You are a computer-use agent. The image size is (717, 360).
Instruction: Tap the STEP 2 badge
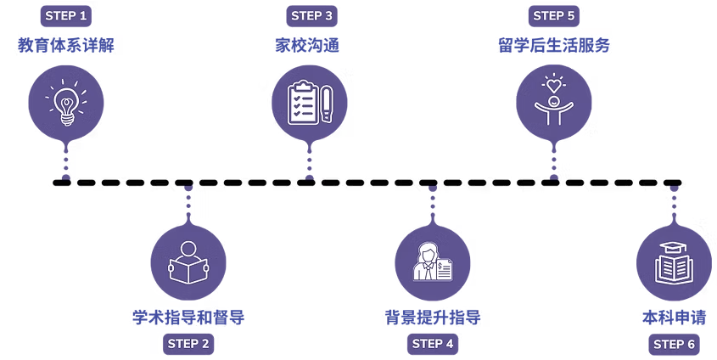click(x=188, y=344)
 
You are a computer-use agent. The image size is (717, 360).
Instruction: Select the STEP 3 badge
click(x=312, y=15)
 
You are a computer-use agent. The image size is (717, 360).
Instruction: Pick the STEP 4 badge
click(x=433, y=344)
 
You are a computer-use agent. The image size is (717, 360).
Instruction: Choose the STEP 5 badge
click(x=555, y=15)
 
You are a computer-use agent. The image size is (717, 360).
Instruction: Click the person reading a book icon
click(x=188, y=262)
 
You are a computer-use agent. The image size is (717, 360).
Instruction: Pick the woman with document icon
click(x=433, y=262)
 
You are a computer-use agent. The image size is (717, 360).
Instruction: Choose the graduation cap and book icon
click(x=675, y=262)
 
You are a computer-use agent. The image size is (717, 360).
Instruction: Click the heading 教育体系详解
click(x=65, y=46)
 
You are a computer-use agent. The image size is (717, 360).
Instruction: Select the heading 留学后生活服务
click(x=553, y=46)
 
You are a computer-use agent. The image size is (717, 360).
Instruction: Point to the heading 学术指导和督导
click(x=188, y=318)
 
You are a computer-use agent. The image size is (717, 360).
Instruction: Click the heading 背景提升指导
click(x=433, y=318)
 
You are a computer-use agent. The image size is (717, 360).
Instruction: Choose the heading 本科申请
click(x=675, y=318)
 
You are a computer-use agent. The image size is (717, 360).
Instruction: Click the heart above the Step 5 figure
click(x=553, y=85)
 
